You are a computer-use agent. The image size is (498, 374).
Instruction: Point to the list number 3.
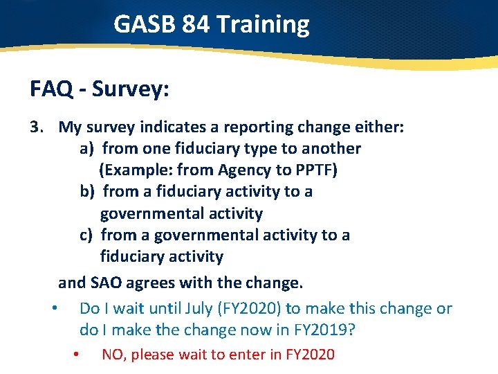(x=37, y=127)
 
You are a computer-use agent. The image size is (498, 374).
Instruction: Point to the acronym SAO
(x=104, y=283)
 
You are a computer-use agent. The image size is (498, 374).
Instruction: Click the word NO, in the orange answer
(x=114, y=355)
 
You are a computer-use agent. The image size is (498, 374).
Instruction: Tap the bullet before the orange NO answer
(x=77, y=354)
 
